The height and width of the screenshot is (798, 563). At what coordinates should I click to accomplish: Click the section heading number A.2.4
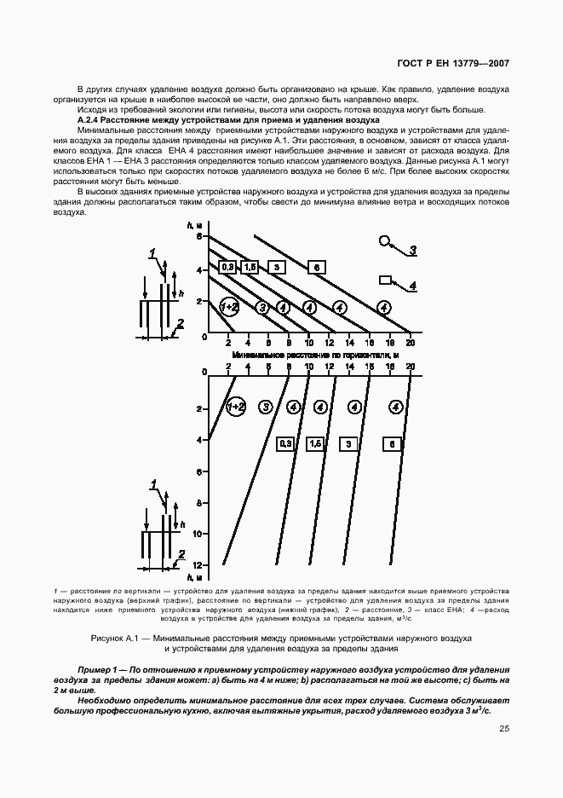coord(91,120)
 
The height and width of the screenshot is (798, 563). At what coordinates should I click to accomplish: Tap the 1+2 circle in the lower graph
coord(236,408)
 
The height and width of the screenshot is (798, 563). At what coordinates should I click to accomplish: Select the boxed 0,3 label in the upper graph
coord(227,267)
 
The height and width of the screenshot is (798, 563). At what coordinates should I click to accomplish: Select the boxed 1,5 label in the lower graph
coord(314,443)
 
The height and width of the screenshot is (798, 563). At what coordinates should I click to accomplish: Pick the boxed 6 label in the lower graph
coord(391,443)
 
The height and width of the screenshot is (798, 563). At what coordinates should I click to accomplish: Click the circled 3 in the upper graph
coord(263,307)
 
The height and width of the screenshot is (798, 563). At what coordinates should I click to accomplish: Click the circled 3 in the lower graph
coord(266,408)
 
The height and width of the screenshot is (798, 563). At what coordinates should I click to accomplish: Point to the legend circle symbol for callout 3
coord(385,241)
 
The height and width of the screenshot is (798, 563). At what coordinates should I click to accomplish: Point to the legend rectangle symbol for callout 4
coord(385,279)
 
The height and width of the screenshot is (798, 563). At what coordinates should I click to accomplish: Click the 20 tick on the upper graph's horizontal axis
coord(410,343)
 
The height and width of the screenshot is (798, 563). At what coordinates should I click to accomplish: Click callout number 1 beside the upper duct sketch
coord(152,253)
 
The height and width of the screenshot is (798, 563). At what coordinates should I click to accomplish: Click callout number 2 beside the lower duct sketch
coord(181,552)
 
